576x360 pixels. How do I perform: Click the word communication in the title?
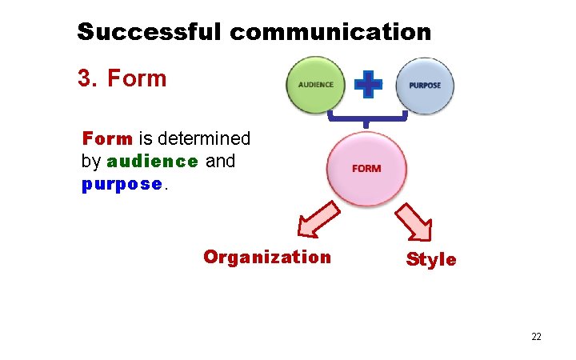pos(330,32)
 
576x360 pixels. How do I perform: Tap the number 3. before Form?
pos(88,78)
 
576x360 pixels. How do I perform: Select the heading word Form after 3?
pos(137,78)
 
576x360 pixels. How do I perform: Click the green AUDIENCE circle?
pos(315,85)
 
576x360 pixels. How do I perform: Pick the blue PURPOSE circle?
pos(424,85)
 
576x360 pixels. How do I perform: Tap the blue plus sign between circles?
pos(368,84)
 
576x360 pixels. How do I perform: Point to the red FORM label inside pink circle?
pos(366,169)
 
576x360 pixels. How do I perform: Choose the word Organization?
pos(267,257)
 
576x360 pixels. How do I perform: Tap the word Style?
pos(431,260)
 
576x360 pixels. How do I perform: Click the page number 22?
pos(536,337)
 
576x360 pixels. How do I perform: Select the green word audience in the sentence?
pos(152,161)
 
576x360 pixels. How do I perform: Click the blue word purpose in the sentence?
pos(122,183)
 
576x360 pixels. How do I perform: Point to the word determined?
pos(209,138)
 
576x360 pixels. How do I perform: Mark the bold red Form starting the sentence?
pos(107,138)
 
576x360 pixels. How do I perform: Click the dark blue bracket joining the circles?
pos(366,121)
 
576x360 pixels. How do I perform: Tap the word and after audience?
pos(221,161)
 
